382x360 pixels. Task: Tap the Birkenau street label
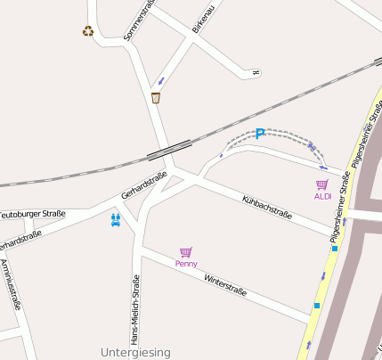(204, 18)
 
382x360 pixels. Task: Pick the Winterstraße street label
(224, 284)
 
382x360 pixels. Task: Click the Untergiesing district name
(135, 353)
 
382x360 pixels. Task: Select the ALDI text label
(322, 196)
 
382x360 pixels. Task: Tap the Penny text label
(186, 263)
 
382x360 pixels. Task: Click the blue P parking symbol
(260, 135)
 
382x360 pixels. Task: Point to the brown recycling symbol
(88, 31)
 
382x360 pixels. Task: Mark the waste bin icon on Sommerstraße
(157, 98)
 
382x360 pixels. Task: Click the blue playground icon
(115, 219)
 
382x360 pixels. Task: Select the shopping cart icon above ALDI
(322, 184)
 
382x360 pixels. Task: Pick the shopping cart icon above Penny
(186, 252)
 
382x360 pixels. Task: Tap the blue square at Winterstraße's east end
(316, 307)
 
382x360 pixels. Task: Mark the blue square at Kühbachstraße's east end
(335, 249)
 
